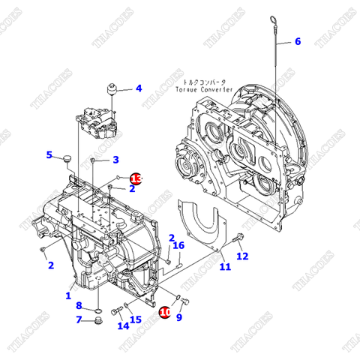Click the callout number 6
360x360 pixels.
point(297,41)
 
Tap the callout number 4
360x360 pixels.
point(138,88)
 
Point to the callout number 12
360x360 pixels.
point(242,256)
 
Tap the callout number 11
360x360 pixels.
point(225,266)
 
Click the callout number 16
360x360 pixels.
point(178,245)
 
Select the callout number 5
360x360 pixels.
point(49,155)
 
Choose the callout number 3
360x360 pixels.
point(115,159)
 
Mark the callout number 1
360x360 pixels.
point(68,296)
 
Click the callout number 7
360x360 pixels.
point(79,320)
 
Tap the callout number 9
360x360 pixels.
point(179,318)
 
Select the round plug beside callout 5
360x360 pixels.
point(66,159)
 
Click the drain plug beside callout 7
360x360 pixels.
point(96,322)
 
